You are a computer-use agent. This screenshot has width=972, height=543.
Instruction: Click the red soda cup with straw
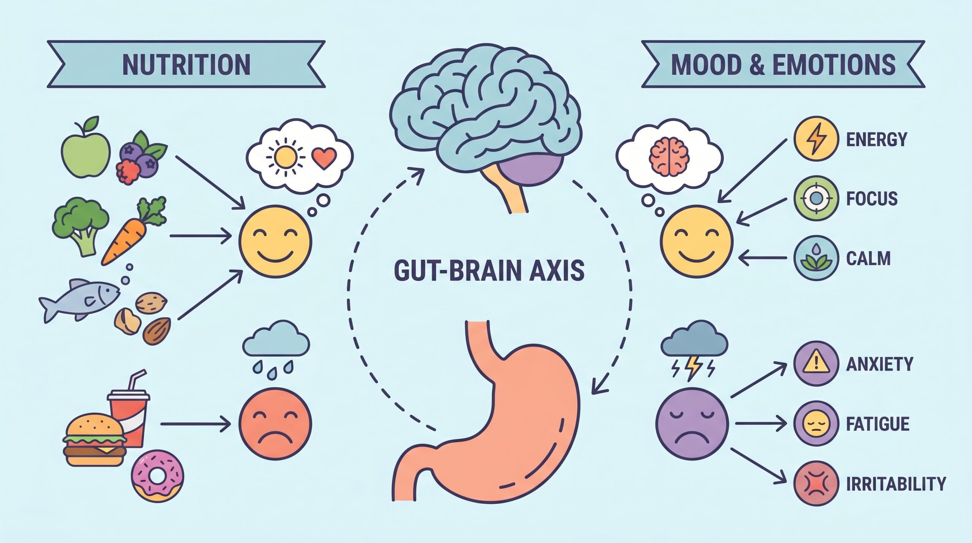point(129,410)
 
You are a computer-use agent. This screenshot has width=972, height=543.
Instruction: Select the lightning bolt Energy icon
point(816,138)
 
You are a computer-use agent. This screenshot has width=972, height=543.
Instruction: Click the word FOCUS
point(872,199)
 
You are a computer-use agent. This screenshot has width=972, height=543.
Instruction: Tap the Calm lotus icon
point(816,258)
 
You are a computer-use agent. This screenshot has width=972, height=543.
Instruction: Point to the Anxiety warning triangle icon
point(816,364)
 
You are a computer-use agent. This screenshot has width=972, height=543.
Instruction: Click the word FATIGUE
point(878,424)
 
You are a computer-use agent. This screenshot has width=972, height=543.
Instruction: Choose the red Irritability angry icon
point(816,484)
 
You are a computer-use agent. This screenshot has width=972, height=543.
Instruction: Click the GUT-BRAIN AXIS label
point(489,271)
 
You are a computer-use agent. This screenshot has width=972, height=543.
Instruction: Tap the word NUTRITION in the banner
point(186,65)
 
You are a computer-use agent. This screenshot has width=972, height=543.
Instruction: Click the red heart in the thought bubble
point(324,158)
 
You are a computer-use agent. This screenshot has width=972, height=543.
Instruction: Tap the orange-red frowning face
point(275,424)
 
